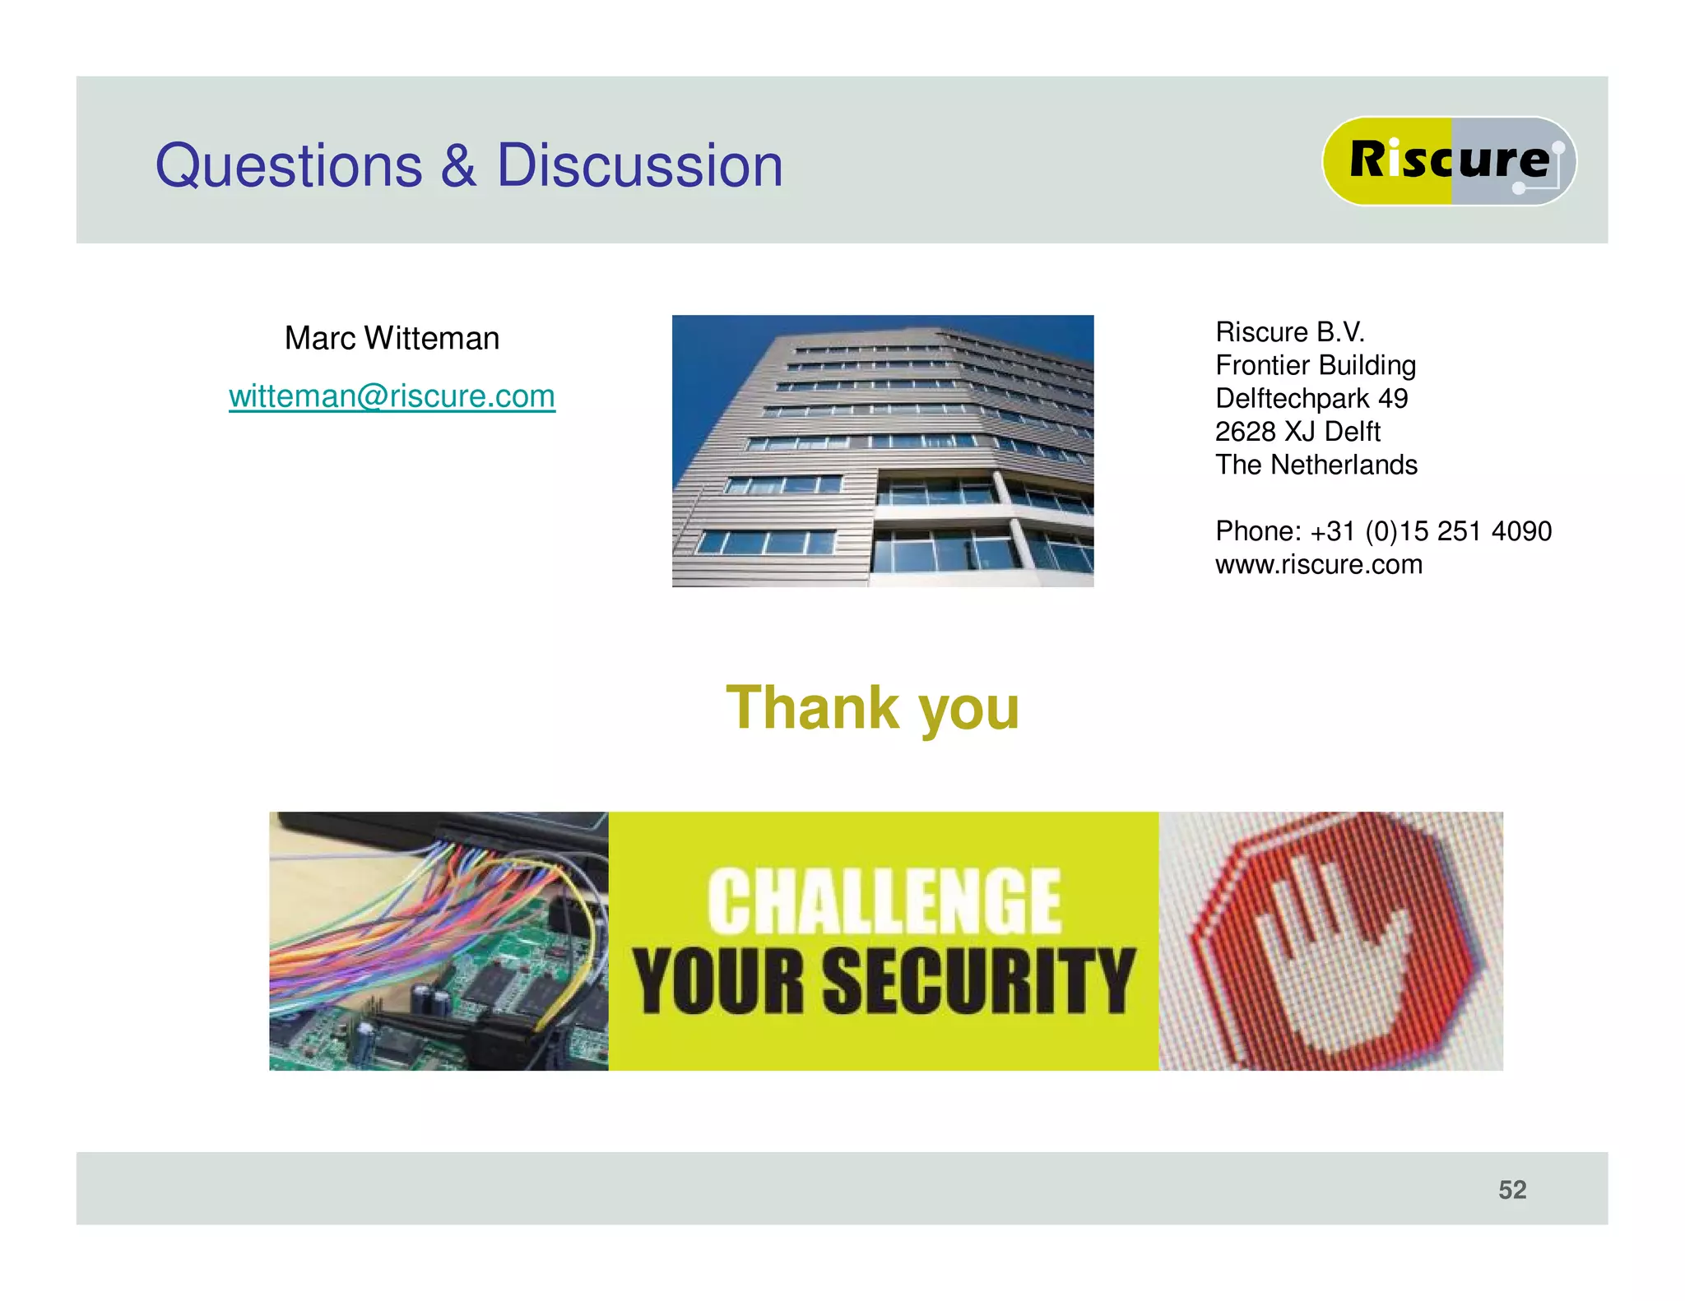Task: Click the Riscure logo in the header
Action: (x=1449, y=160)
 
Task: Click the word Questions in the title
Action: (x=289, y=167)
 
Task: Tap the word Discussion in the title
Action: (x=639, y=165)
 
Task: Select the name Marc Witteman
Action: (x=392, y=338)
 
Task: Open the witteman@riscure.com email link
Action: (x=392, y=396)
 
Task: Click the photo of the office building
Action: (x=882, y=451)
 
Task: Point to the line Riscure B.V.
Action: (x=1290, y=332)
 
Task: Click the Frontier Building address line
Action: (x=1316, y=365)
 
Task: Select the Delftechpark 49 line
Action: (x=1311, y=399)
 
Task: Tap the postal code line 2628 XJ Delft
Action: (x=1297, y=432)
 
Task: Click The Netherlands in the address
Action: (x=1316, y=465)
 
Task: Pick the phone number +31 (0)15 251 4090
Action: (x=1432, y=531)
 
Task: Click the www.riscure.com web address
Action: (x=1319, y=565)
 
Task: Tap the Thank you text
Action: (x=872, y=708)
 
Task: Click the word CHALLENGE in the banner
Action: (x=884, y=902)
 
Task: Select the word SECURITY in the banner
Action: (x=979, y=980)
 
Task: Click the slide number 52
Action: (x=1512, y=1190)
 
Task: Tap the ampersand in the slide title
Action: (x=458, y=165)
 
